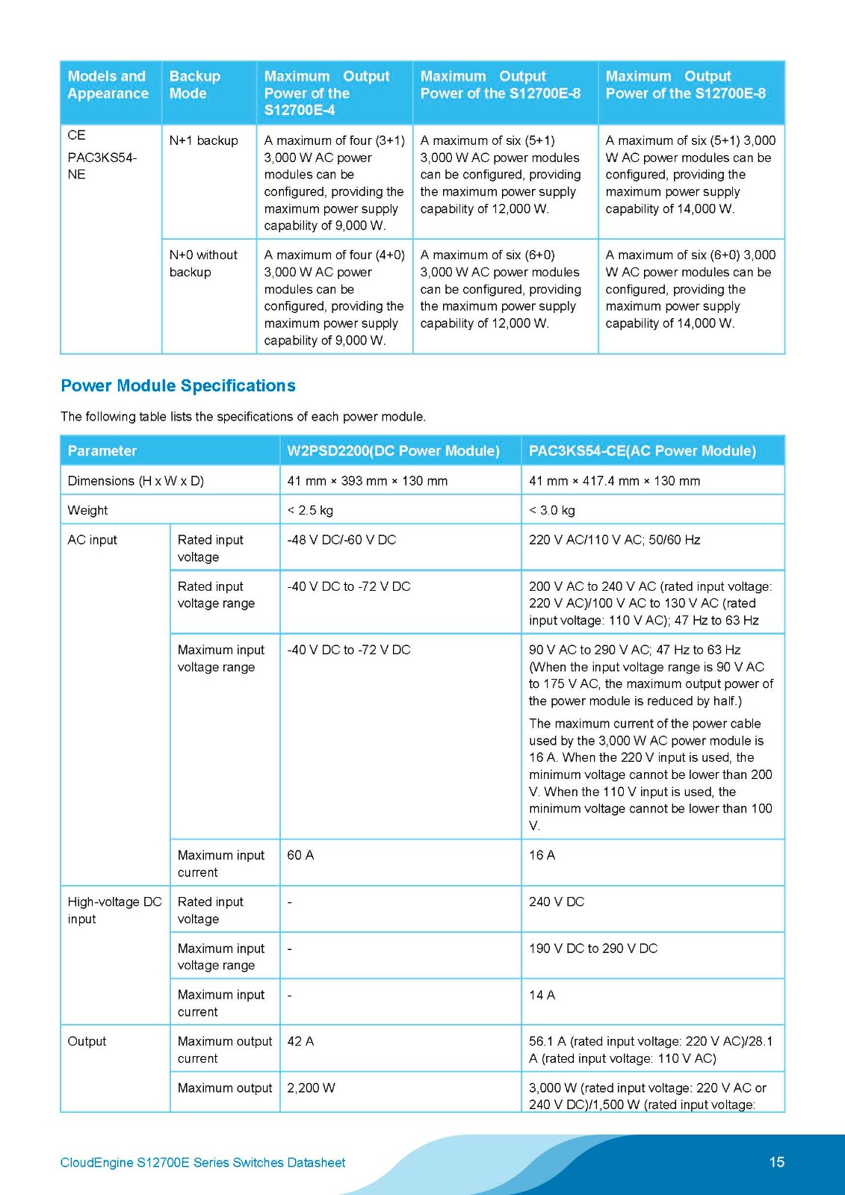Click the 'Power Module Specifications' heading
[x=178, y=386]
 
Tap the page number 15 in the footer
[x=776, y=1162]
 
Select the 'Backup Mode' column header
[x=195, y=85]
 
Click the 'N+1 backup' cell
[x=203, y=140]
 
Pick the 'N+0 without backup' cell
[x=203, y=264]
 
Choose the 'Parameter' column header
[x=102, y=451]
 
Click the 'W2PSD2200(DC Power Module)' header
[x=393, y=451]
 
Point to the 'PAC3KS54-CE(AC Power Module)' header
[x=642, y=451]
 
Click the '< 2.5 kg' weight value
[x=310, y=510]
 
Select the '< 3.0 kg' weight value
[x=552, y=510]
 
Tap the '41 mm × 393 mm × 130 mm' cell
[x=367, y=481]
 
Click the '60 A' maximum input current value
[x=300, y=855]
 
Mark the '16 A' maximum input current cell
[x=542, y=855]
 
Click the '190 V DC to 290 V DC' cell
[x=593, y=949]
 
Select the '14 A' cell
[x=542, y=995]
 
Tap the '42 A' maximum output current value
[x=300, y=1041]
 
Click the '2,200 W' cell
[x=311, y=1088]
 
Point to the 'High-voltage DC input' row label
[x=114, y=910]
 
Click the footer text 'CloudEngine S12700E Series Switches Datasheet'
[x=202, y=1163]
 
